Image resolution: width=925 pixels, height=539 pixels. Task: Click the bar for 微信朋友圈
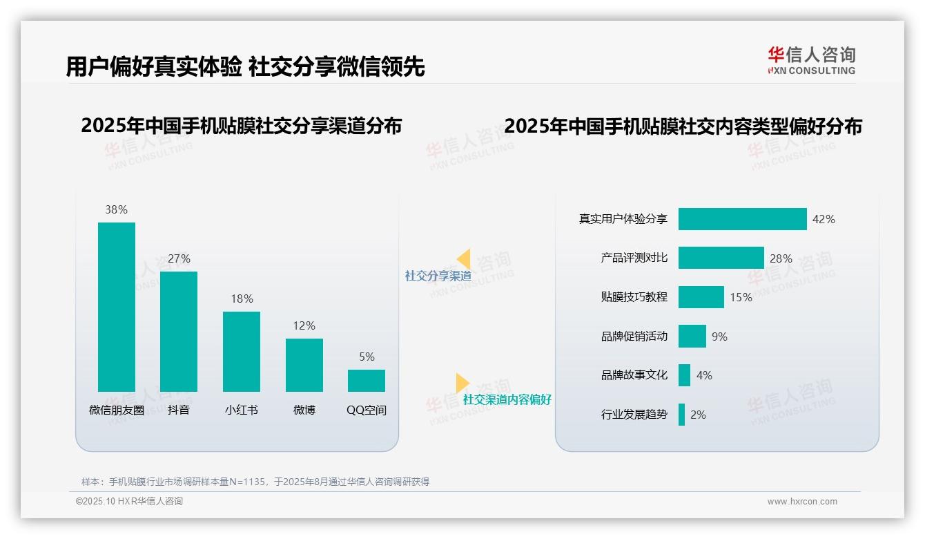(x=116, y=307)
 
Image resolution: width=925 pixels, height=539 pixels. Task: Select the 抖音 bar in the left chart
(x=179, y=332)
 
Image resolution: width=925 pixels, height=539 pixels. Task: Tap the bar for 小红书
(x=242, y=351)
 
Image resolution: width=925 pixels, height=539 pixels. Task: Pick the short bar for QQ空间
(x=367, y=381)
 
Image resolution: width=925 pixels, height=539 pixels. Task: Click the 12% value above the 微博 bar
(x=304, y=325)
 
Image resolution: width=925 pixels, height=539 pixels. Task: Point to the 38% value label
(x=116, y=209)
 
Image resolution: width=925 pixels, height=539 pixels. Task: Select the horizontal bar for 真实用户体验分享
(x=742, y=219)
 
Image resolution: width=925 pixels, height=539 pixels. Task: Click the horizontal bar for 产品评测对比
(x=721, y=258)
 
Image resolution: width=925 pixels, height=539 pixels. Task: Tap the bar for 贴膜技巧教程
(x=701, y=297)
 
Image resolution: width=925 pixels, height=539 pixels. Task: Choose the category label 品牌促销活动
(x=634, y=337)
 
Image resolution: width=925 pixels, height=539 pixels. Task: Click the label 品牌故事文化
(x=634, y=375)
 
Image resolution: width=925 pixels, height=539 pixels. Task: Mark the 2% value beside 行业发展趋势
(x=698, y=415)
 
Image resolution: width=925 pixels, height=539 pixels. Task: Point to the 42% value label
(x=824, y=219)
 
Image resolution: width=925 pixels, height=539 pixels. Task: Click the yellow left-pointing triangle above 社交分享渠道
(x=464, y=258)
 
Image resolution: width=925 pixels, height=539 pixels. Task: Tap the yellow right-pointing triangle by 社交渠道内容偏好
(x=462, y=382)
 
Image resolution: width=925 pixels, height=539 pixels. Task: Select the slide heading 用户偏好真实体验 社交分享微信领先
(x=245, y=67)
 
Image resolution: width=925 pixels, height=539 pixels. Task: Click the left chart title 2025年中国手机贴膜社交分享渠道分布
(x=241, y=126)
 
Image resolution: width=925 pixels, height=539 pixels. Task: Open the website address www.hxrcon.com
(x=802, y=502)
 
